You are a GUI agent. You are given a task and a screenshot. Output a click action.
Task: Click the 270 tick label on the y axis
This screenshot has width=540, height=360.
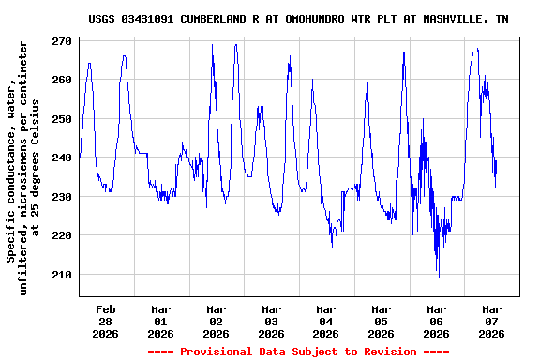pos(62,41)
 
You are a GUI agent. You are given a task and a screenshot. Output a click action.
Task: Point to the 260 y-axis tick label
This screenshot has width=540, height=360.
pos(62,80)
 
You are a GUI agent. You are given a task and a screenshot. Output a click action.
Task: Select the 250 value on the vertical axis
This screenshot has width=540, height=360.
pos(62,119)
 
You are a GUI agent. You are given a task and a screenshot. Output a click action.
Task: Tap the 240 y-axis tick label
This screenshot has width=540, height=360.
pos(62,157)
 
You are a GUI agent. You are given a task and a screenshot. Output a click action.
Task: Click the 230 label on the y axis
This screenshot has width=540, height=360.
pos(62,197)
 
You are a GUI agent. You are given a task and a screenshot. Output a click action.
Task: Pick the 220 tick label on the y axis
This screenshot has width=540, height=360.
pos(62,235)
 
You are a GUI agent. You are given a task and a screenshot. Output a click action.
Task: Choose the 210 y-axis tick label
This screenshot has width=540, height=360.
pos(62,275)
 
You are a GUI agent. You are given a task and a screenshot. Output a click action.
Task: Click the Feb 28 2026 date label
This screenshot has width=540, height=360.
pos(106,321)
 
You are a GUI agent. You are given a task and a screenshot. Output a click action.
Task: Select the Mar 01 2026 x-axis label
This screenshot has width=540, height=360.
pos(161,321)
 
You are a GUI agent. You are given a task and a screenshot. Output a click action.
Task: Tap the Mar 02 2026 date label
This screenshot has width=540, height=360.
pos(217,321)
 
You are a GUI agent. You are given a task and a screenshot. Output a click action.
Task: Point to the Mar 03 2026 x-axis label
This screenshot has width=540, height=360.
pos(272,321)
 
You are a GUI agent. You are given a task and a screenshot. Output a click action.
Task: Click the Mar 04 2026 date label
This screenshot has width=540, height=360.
pos(326,321)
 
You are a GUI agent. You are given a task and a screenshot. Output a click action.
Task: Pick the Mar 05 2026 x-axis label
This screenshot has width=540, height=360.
pos(382,321)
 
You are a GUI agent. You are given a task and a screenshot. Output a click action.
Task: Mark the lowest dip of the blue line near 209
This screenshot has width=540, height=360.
pos(439,277)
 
